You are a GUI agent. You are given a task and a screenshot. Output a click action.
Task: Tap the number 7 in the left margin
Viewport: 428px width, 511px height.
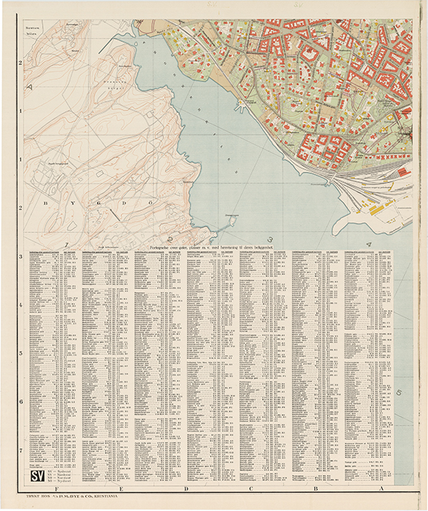[x=21, y=450]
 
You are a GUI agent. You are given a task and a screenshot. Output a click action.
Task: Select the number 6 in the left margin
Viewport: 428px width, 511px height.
[x=21, y=402]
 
